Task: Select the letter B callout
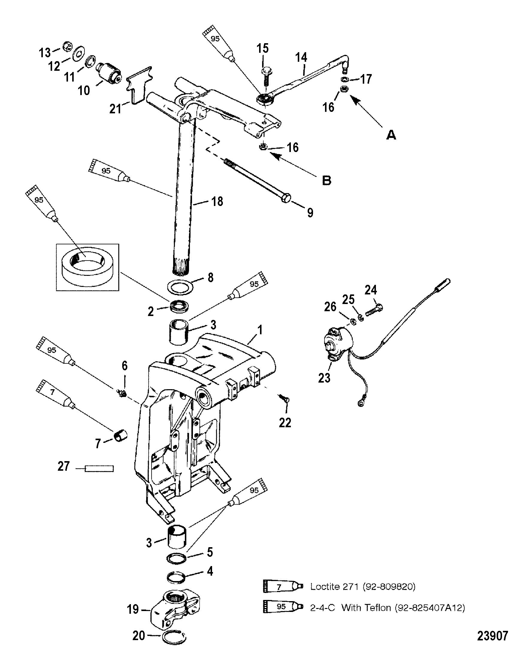click(x=327, y=180)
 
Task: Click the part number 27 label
click(x=64, y=475)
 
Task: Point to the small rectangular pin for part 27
click(x=99, y=477)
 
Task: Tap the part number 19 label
click(x=133, y=609)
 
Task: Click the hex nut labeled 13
click(x=67, y=46)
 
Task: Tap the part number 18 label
click(x=217, y=201)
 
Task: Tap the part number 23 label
click(x=324, y=378)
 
